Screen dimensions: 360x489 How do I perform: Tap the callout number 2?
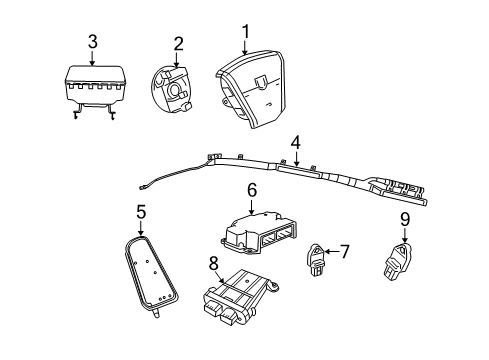(x=178, y=43)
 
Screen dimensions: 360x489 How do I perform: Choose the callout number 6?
(x=251, y=189)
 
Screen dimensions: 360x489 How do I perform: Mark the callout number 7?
(x=344, y=252)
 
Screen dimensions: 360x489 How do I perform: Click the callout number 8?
(x=213, y=265)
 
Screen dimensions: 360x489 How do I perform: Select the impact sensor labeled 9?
(x=397, y=263)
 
